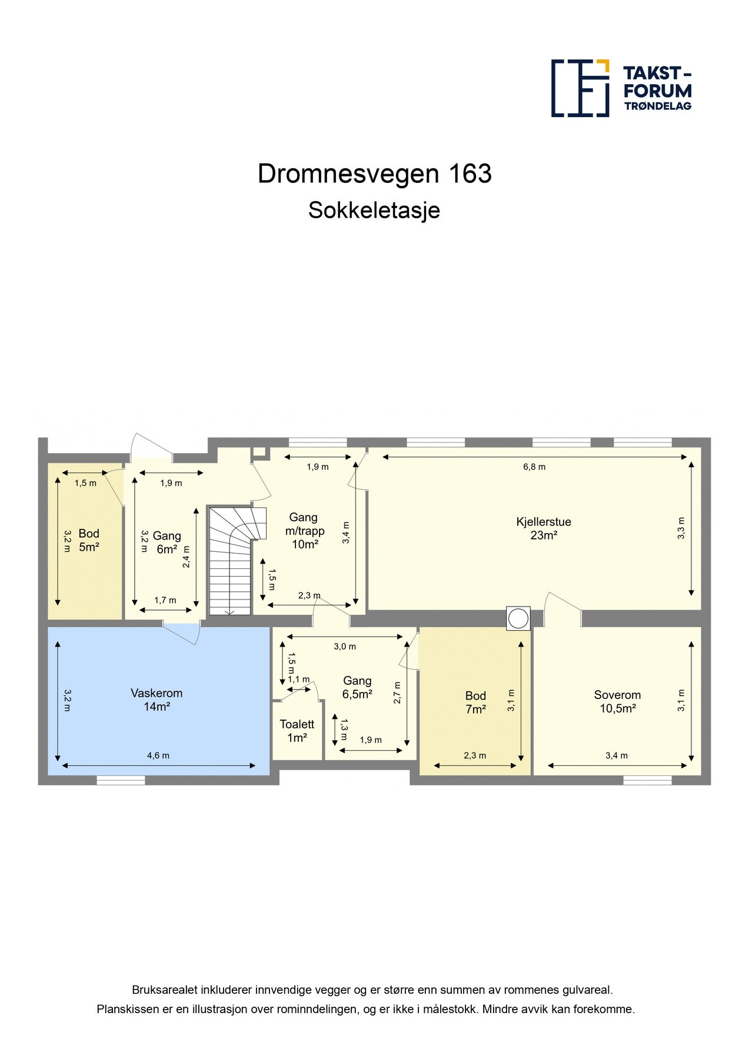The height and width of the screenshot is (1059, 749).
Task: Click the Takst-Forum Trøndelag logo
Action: click(621, 88)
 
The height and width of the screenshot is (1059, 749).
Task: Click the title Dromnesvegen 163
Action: click(374, 174)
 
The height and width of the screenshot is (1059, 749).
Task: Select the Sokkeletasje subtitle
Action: click(374, 211)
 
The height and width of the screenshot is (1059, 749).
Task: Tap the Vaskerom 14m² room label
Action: click(157, 700)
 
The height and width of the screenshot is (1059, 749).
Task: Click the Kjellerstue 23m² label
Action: click(543, 528)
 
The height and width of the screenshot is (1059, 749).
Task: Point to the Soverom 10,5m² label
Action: click(617, 701)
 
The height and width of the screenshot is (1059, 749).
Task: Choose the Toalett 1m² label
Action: click(297, 731)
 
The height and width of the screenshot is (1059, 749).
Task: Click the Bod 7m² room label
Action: click(475, 702)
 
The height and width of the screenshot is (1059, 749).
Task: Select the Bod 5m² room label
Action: click(89, 540)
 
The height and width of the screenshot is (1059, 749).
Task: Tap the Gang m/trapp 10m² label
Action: click(304, 531)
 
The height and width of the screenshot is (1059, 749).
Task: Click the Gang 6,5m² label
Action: click(357, 687)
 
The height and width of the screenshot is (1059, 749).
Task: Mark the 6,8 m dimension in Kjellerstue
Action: click(534, 467)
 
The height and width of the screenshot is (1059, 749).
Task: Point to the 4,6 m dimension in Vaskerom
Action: click(158, 755)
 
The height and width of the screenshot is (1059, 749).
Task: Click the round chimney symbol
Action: click(518, 618)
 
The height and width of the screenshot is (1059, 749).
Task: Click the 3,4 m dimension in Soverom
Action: click(616, 755)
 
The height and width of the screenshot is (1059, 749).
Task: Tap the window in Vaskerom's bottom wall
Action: click(121, 780)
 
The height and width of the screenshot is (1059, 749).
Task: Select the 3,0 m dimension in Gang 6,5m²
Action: click(345, 646)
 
